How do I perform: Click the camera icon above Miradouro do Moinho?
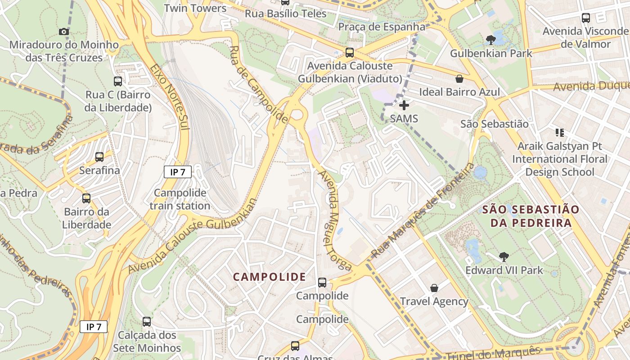64,31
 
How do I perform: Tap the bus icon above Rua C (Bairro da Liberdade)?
118,81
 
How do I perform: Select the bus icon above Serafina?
99,157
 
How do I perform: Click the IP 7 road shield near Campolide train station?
178,172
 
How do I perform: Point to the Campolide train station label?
180,199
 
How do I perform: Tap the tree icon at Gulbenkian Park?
491,40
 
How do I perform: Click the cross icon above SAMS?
404,105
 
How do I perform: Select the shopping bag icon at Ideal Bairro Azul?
459,79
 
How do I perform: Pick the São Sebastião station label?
494,124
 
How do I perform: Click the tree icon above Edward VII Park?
504,257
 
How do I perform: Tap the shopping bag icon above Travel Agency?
434,288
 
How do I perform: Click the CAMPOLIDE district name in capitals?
269,277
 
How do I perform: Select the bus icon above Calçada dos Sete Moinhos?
147,322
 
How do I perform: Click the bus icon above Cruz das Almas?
295,346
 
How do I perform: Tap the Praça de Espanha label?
382,27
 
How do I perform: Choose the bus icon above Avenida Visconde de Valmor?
586,18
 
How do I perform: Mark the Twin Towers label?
195,8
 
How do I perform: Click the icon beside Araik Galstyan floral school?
560,133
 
